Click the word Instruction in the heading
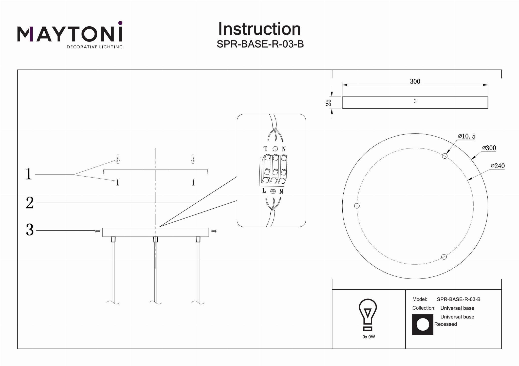point(259,29)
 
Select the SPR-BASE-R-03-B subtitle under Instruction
point(260,44)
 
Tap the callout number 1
point(29,174)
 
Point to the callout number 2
point(30,203)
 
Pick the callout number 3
point(30,230)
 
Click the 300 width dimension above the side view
point(415,81)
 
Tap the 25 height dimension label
point(328,102)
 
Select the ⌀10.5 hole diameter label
point(467,136)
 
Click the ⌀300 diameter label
point(489,148)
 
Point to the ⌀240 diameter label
point(498,166)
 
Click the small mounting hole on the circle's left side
point(357,206)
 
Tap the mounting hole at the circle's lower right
point(444,257)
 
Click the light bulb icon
point(368,315)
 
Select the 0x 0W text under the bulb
point(369,337)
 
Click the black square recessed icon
point(423,325)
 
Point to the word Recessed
point(446,324)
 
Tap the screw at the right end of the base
point(214,231)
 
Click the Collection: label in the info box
point(424,308)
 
